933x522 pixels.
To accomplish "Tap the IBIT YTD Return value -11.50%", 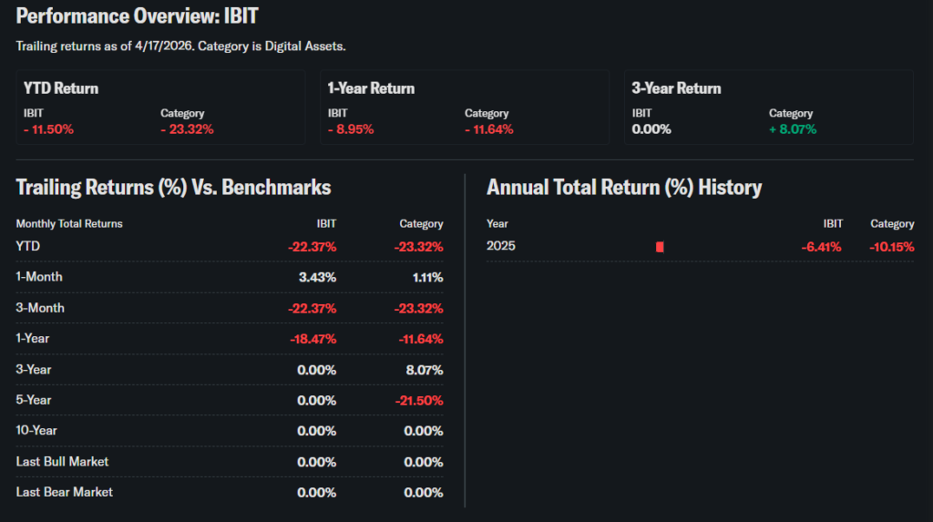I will (x=48, y=129).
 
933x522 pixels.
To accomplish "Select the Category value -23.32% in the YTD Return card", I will (x=187, y=129).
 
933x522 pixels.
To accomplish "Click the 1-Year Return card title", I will (x=371, y=88).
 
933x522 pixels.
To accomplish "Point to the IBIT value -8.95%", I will (x=351, y=129).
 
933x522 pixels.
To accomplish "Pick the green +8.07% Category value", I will (x=793, y=129).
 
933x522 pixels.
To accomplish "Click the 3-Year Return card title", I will (x=676, y=88).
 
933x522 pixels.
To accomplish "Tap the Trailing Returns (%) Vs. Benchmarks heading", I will (x=173, y=188).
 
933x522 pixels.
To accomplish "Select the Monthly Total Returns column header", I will (x=69, y=223).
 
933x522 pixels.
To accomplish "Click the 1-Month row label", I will (x=39, y=277).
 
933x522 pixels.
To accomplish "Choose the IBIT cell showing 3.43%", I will (x=316, y=277).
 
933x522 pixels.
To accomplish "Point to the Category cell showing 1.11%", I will (x=425, y=277).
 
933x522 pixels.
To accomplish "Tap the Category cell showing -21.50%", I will (x=419, y=400).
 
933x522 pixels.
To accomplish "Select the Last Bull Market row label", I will (x=62, y=462).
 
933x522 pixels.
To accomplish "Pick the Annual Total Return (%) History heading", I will (x=624, y=188).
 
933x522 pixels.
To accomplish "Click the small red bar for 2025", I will (x=660, y=247).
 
